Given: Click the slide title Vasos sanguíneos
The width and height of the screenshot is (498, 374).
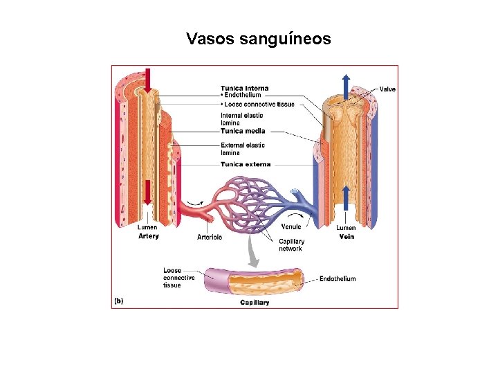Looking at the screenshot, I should [x=259, y=39].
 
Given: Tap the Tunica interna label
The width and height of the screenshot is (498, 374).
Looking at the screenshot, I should [x=245, y=88].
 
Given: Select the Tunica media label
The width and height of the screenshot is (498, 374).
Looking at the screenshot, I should [x=243, y=131].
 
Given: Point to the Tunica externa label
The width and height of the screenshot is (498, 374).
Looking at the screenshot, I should [x=246, y=165].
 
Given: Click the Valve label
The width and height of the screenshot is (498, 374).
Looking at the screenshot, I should [x=387, y=89].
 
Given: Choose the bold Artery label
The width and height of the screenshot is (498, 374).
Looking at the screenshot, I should [x=149, y=236].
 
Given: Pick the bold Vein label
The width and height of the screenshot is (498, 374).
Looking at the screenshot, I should [x=347, y=236].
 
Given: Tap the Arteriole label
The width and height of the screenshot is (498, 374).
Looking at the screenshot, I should [x=210, y=237].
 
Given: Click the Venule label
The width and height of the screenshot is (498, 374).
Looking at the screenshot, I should [x=291, y=227].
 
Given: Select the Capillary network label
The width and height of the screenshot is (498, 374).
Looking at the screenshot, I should [x=290, y=245].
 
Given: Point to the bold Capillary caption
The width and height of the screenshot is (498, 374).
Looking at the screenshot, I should [x=255, y=303].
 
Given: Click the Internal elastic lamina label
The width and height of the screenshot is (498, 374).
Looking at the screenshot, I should [x=242, y=119].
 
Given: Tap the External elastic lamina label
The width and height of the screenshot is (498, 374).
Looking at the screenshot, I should [x=243, y=149].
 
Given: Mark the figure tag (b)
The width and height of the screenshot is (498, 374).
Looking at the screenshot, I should [x=118, y=301].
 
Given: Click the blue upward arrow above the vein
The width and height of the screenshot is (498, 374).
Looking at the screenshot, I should [x=346, y=80].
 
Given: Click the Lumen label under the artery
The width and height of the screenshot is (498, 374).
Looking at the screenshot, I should [x=147, y=227].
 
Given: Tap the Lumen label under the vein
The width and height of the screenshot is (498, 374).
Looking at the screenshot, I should [x=346, y=227].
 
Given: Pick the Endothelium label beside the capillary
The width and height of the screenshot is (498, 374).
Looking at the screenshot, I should [x=338, y=279].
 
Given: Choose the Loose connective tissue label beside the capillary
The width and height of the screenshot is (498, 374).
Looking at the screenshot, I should [x=178, y=278].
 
